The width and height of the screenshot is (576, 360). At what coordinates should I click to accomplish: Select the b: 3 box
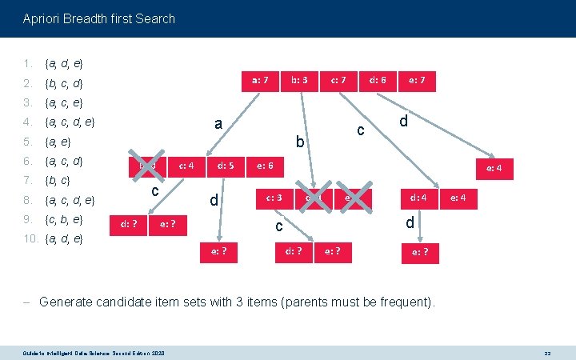[x=299, y=80]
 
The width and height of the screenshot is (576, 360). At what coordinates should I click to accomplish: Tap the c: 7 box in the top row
[x=338, y=80]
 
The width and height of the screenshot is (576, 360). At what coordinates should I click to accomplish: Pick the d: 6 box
[x=378, y=80]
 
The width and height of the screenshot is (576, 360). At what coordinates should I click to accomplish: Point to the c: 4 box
[x=187, y=166]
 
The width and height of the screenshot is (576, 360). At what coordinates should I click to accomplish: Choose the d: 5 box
[x=226, y=166]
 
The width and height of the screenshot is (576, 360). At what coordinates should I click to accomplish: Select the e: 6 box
[x=265, y=166]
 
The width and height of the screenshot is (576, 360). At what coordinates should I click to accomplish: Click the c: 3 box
[x=274, y=197]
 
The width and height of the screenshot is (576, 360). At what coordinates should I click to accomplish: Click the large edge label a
[x=218, y=124]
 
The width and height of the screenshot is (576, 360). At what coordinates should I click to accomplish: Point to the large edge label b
[x=299, y=142]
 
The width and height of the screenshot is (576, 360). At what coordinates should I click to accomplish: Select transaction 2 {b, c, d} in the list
[x=64, y=82]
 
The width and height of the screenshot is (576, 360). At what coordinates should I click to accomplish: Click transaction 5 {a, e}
[x=58, y=142]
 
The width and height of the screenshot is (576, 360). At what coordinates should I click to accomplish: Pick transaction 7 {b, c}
[x=58, y=181]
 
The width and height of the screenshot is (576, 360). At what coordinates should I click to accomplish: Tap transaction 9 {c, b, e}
[x=64, y=219]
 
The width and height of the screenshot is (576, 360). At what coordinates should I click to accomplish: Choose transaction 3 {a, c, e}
[x=64, y=102]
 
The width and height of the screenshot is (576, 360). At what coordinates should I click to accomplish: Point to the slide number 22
[x=547, y=352]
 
